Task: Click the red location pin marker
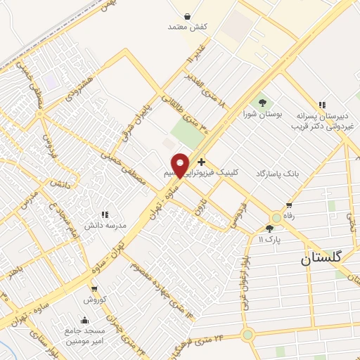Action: click(181, 165)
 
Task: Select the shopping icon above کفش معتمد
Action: click(188, 15)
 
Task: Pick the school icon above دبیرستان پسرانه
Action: click(322, 105)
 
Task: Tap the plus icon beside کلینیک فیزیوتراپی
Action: click(202, 162)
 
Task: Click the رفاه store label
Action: click(288, 207)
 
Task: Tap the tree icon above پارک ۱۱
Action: click(269, 229)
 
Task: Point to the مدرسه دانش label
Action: click(106, 225)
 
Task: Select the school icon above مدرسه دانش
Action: click(105, 214)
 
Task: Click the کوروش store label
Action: click(94, 300)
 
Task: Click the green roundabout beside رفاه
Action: click(276, 219)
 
